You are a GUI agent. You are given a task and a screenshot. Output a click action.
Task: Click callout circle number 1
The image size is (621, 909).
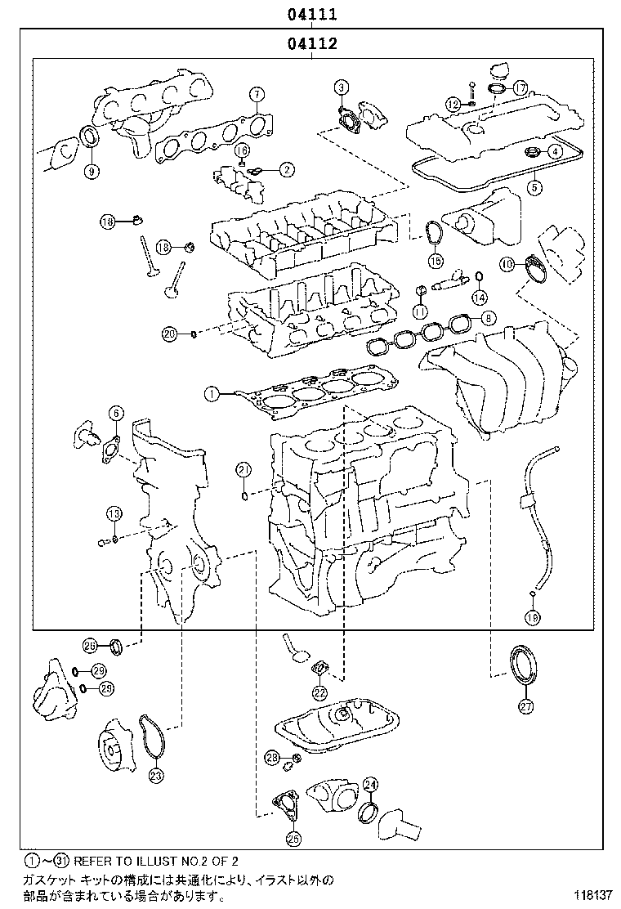pos(211,394)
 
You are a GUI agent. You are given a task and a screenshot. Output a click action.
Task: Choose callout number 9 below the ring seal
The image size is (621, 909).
pos(91,171)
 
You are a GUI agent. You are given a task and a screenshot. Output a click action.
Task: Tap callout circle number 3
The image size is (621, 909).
pos(341,87)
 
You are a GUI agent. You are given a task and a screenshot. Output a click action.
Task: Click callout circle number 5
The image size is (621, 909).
pos(534,187)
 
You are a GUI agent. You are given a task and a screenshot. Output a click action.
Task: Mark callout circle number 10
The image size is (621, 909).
pos(507,263)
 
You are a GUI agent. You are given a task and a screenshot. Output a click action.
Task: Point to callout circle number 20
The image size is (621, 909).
pos(169,333)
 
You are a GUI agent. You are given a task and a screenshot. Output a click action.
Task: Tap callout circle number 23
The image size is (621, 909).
pos(156,776)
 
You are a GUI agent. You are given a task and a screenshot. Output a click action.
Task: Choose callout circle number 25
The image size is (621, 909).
pos(293,838)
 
